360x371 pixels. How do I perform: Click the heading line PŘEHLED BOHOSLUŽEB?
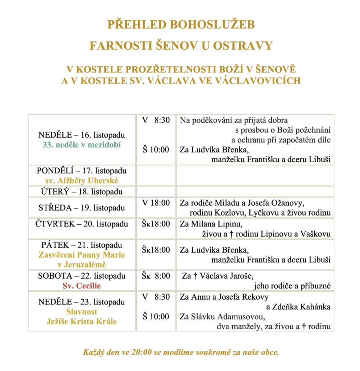tap(181, 25)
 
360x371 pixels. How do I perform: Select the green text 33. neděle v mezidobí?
tap(82, 145)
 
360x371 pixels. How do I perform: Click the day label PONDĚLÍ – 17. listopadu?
tap(82, 170)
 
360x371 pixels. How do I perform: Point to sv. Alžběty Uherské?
tap(82, 180)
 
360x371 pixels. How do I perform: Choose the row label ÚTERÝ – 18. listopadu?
tap(82, 191)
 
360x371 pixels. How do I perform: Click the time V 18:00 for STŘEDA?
tap(156, 203)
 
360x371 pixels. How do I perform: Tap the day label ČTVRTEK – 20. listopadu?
tap(82, 224)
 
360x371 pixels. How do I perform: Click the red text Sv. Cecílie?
tap(82, 286)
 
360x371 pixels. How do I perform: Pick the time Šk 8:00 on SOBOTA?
tap(156, 276)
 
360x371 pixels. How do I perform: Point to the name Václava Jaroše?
tap(222, 276)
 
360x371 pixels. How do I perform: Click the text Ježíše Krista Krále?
tap(82, 321)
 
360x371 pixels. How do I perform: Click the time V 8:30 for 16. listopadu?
tap(156, 120)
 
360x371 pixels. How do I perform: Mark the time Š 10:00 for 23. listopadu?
tap(156, 317)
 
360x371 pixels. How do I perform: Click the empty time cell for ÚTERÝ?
tap(156, 191)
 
